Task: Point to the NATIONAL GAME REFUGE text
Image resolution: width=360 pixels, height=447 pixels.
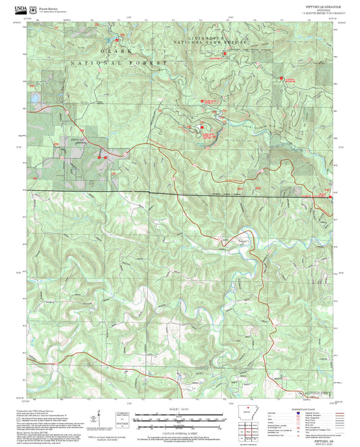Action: [216, 45]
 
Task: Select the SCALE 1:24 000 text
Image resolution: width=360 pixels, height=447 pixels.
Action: [180, 408]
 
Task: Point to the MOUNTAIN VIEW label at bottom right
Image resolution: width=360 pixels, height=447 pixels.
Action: [314, 392]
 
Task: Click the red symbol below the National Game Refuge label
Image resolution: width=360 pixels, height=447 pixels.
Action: [224, 53]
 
